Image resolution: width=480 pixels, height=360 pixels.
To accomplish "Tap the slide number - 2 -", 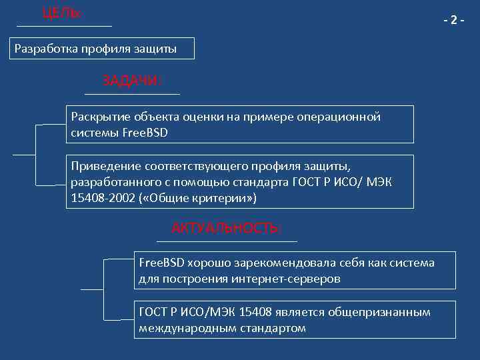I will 454,20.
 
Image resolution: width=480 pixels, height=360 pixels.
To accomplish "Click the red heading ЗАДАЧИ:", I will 132,81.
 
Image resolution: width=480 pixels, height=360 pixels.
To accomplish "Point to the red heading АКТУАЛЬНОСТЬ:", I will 226,228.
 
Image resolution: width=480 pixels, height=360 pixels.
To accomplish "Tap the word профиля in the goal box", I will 107,49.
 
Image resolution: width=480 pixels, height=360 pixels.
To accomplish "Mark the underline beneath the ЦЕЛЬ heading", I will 64,26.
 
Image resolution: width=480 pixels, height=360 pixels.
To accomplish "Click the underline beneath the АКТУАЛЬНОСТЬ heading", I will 226,241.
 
